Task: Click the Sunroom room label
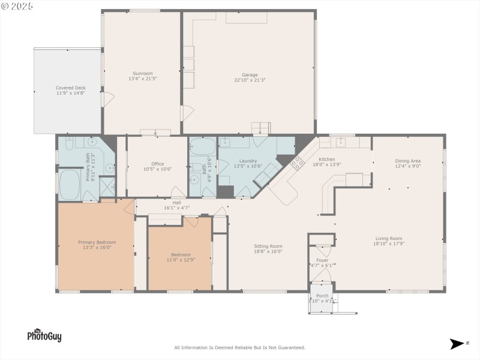142,73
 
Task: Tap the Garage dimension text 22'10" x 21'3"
250,80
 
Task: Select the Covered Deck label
71,88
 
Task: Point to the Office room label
158,164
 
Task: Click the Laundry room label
248,161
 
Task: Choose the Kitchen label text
327,159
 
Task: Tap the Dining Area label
407,161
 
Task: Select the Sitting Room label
268,246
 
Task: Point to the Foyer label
322,260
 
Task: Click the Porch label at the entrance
322,296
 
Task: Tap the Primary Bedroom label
97,242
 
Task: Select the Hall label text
176,202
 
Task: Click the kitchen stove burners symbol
297,162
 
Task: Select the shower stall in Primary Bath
107,186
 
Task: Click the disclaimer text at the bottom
240,347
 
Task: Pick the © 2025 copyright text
17,6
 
